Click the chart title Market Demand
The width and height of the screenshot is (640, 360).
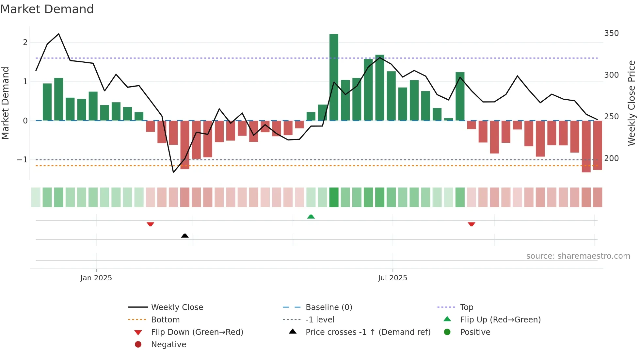(47, 9)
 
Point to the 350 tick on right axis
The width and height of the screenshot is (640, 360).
(611, 33)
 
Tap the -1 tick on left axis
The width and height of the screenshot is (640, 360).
(22, 160)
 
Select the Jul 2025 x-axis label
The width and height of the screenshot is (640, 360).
(392, 278)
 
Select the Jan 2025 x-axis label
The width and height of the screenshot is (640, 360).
(96, 278)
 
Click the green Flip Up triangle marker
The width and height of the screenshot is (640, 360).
(311, 217)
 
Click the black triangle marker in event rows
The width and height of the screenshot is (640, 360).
(185, 236)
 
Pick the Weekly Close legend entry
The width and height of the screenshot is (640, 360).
(177, 307)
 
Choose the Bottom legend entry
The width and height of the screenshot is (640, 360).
(165, 320)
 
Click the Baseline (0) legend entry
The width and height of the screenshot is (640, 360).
(328, 307)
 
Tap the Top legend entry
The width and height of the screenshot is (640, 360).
(466, 307)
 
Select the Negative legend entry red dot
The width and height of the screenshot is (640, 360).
(138, 345)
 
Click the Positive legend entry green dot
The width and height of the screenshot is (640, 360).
(447, 332)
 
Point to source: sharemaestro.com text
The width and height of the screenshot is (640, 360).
(578, 256)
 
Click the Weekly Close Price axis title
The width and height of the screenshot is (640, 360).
(632, 103)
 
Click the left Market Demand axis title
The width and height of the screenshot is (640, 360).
(6, 103)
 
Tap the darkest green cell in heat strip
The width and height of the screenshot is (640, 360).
(334, 197)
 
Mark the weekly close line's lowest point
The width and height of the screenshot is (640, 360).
(173, 172)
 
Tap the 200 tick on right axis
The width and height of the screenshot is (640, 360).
(611, 158)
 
